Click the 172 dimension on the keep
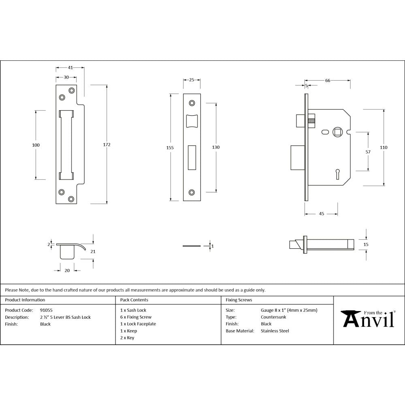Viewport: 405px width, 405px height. tap(107, 145)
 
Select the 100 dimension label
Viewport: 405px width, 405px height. tap(36, 145)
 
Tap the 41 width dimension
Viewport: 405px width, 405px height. tap(70, 67)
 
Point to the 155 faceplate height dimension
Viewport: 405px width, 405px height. tap(170, 148)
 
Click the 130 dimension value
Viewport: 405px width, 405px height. tap(216, 147)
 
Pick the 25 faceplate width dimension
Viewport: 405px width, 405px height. tap(192, 80)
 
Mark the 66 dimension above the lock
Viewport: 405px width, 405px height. tap(328, 81)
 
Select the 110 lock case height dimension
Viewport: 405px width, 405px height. tap(384, 147)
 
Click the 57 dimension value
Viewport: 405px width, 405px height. tap(368, 152)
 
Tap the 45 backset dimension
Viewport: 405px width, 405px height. tap(321, 213)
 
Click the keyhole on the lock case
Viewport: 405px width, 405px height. tap(337, 174)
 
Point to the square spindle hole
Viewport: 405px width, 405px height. tap(337, 132)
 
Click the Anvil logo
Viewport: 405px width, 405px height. tap(368, 319)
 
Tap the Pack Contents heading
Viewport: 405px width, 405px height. tap(134, 300)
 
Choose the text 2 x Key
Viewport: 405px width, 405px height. tap(127, 338)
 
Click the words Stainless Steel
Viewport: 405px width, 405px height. tap(275, 331)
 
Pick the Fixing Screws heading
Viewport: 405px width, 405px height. tap(239, 300)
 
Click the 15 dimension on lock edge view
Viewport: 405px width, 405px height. tap(366, 245)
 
